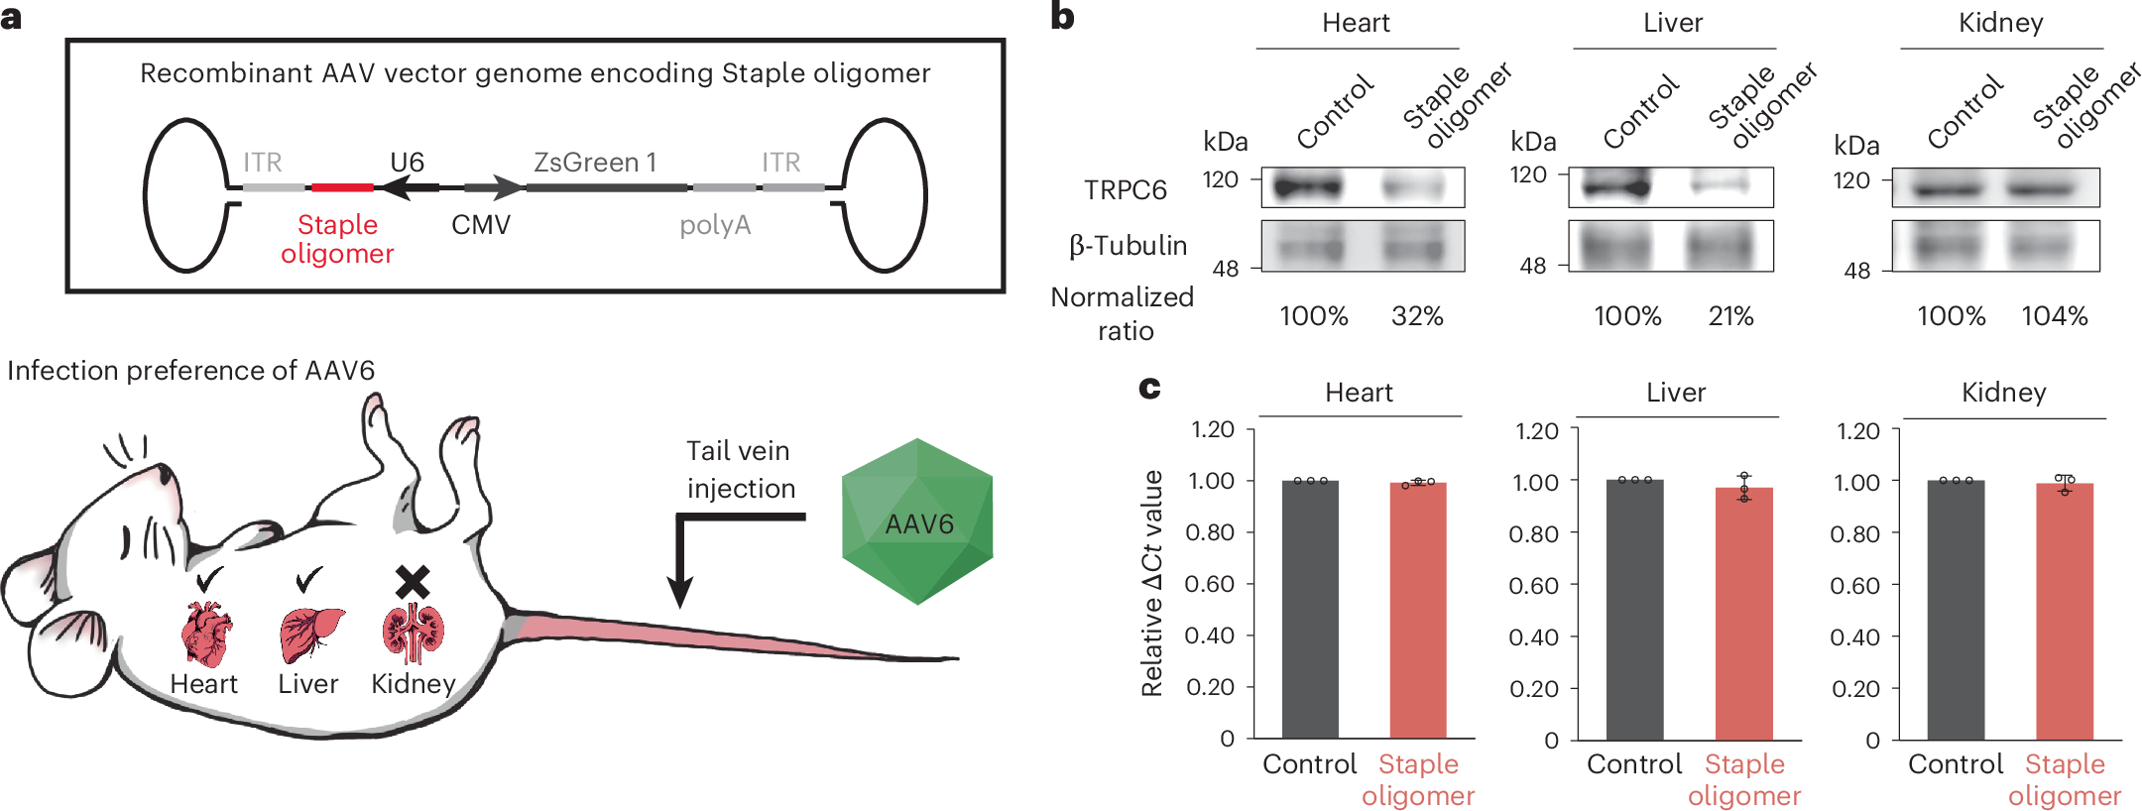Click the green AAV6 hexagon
pos(917,521)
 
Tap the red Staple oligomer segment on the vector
pos(342,187)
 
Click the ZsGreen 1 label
pos(595,163)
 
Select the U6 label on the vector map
pos(407,163)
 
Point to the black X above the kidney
pos(413,582)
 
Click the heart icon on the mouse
pos(206,634)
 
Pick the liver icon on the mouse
pos(310,634)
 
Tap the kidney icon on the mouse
pos(414,634)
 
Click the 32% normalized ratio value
pos(1417,316)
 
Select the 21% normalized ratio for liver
pos(1730,316)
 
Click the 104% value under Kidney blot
pos(2055,316)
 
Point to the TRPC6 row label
pos(1126,190)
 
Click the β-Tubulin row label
pos(1129,246)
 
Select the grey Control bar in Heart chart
pos(1310,610)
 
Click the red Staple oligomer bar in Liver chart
pos(1743,615)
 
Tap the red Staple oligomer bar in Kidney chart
pos(2065,612)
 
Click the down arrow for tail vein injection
pos(680,585)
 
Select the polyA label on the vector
pos(715,226)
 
